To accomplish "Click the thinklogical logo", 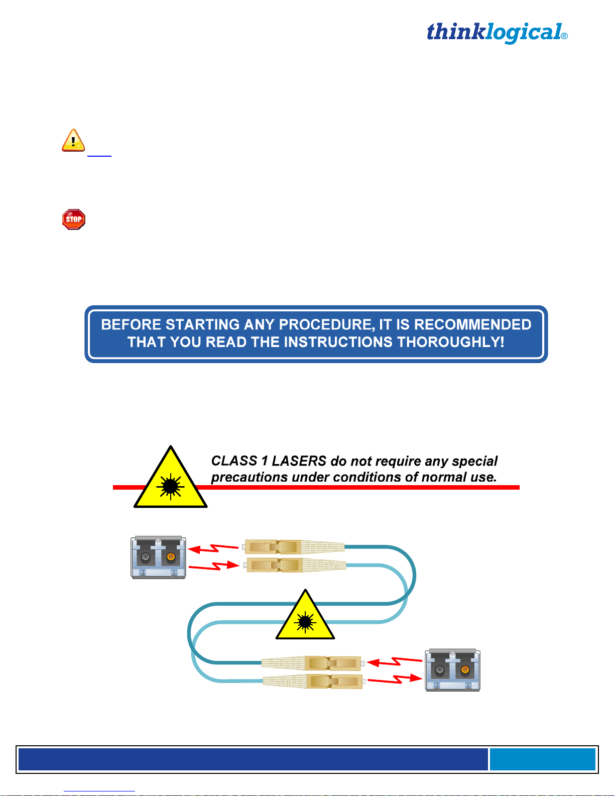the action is pyautogui.click(x=497, y=33).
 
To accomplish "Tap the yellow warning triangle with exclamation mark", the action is pyautogui.click(x=73, y=140).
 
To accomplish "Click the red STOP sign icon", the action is pyautogui.click(x=74, y=219).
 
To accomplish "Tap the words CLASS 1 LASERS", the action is pyautogui.click(x=269, y=461).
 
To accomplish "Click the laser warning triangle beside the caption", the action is pyautogui.click(x=171, y=480).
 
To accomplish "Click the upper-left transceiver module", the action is pyautogui.click(x=158, y=557).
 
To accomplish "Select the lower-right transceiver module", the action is pyautogui.click(x=453, y=670).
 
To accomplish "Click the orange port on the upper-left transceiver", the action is pyautogui.click(x=171, y=557).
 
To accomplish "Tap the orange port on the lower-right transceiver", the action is pyautogui.click(x=465, y=669).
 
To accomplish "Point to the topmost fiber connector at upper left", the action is pyautogui.click(x=294, y=546).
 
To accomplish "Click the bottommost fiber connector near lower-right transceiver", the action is pyautogui.click(x=312, y=681).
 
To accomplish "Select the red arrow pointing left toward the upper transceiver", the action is pyautogui.click(x=213, y=548).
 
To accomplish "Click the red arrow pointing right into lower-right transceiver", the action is pyautogui.click(x=396, y=679).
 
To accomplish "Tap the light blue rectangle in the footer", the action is pyautogui.click(x=542, y=759).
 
